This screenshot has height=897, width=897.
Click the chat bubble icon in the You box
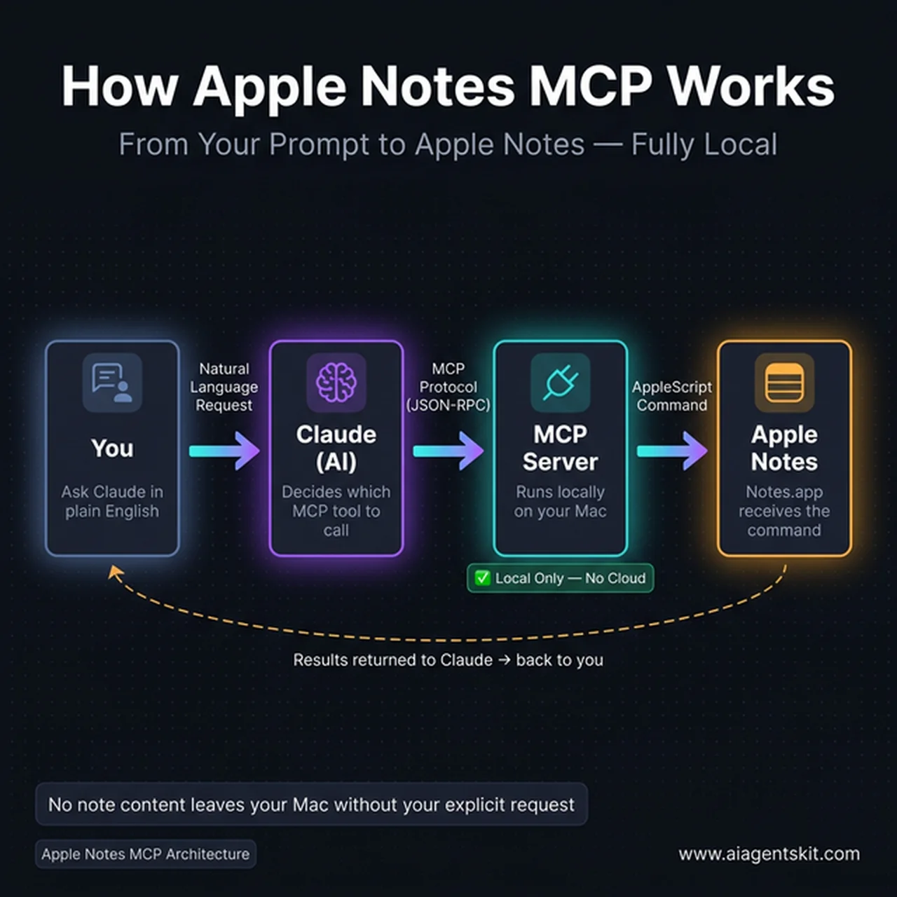point(111,383)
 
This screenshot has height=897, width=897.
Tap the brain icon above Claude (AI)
point(336,383)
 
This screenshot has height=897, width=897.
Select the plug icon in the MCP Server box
point(560,383)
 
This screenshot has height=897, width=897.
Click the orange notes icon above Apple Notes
point(784,383)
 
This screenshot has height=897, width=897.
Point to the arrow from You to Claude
point(224,451)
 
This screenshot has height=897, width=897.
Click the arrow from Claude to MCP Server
point(448,451)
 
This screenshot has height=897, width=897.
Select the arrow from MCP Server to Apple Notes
point(672,451)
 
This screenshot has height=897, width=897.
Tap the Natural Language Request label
point(224,387)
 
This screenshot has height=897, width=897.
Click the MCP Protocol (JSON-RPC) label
point(448,387)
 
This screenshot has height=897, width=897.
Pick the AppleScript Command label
point(672,396)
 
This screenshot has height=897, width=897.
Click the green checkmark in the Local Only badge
point(482,578)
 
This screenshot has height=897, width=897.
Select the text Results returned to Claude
point(392,660)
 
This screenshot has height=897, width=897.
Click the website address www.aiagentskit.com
point(769,854)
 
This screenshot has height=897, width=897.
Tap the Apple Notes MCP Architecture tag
point(145,854)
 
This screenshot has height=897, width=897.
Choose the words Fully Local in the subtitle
point(704,145)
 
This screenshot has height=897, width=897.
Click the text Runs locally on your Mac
point(560,502)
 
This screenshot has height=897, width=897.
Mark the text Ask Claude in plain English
point(112,502)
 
